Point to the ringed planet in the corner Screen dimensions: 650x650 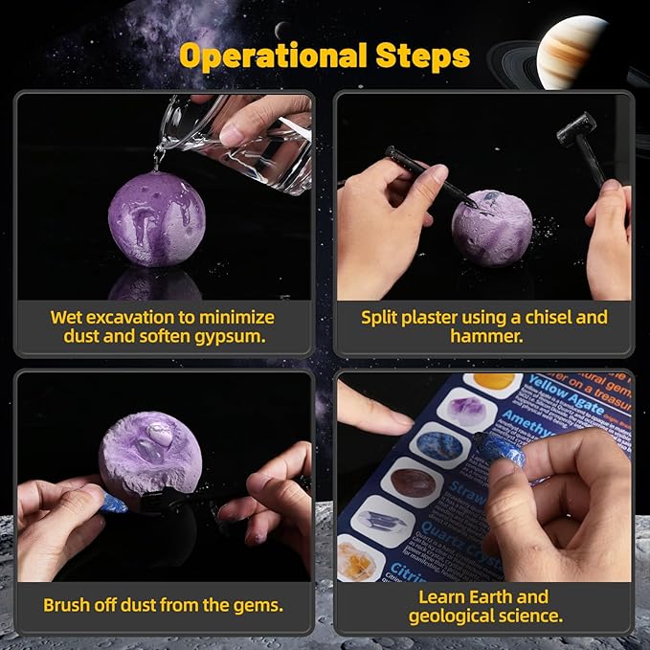point(573,53)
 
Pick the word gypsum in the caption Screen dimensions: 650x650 point(235,337)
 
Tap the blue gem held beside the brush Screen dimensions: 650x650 point(113,503)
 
